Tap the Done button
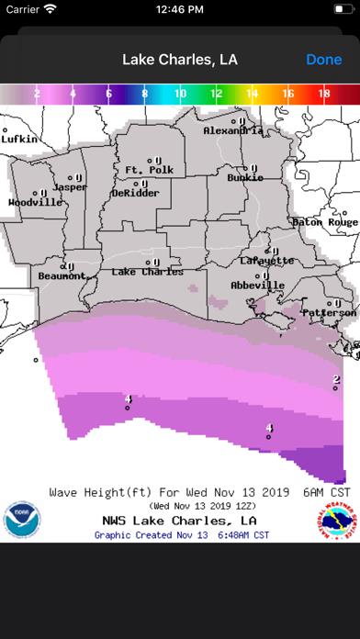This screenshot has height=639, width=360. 323,60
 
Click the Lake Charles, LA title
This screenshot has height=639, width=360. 180,60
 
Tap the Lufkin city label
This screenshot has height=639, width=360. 19,139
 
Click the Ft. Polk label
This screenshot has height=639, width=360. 148,171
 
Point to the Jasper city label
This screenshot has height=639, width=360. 70,186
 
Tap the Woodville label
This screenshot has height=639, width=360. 36,201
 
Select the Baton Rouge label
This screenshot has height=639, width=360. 324,222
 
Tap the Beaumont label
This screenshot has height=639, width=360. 62,275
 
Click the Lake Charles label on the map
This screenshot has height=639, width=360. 147,272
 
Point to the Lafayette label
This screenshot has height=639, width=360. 267,260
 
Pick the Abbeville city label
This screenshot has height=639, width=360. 256,284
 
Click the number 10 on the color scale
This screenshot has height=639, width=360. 180,94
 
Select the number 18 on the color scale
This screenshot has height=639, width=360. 324,94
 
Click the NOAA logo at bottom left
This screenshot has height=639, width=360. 21,519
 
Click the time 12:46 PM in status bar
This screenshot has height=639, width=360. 180,10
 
